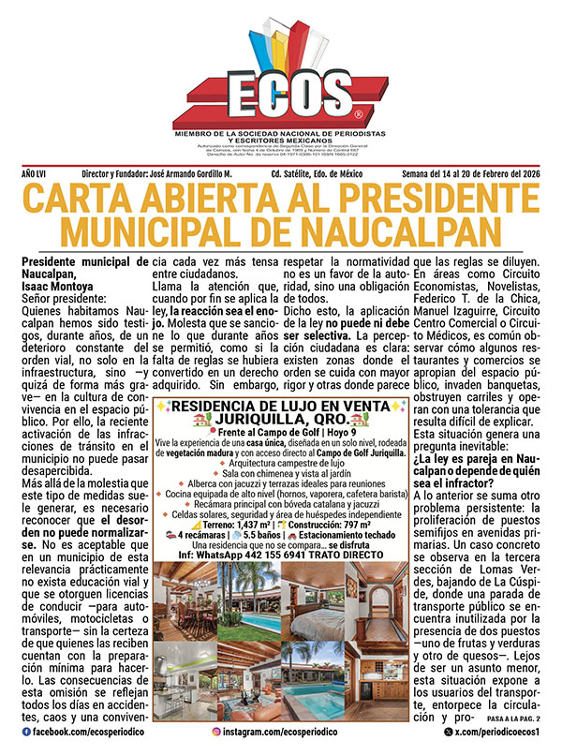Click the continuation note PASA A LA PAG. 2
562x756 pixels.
pos(515,720)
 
